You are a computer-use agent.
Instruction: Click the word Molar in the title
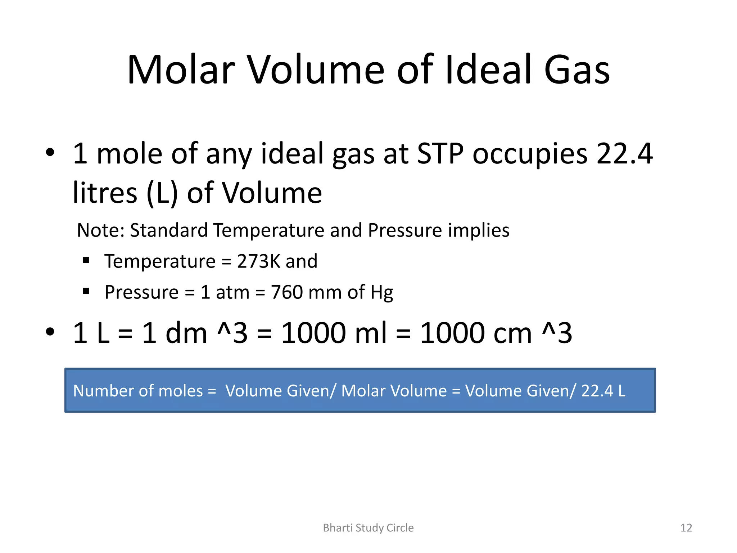pos(181,70)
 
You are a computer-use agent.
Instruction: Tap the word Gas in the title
pos(577,70)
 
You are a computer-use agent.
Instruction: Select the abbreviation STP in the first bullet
pos(440,154)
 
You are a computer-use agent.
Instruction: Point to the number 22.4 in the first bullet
pos(624,154)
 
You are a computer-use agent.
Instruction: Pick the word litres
pos(105,193)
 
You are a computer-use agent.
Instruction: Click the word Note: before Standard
pos(100,230)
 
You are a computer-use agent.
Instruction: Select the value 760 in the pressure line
pos(287,292)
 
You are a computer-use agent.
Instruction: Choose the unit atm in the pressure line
pos(232,292)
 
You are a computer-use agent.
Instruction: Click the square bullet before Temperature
pos(86,260)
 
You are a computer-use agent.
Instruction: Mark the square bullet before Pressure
pos(86,291)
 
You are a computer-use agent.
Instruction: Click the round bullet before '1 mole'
pos(50,152)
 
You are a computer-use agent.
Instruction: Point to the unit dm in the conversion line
pos(186,333)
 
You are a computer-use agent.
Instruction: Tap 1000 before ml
pos(313,333)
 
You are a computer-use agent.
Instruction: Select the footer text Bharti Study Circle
pos(368,528)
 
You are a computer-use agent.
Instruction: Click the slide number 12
pos(686,528)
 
